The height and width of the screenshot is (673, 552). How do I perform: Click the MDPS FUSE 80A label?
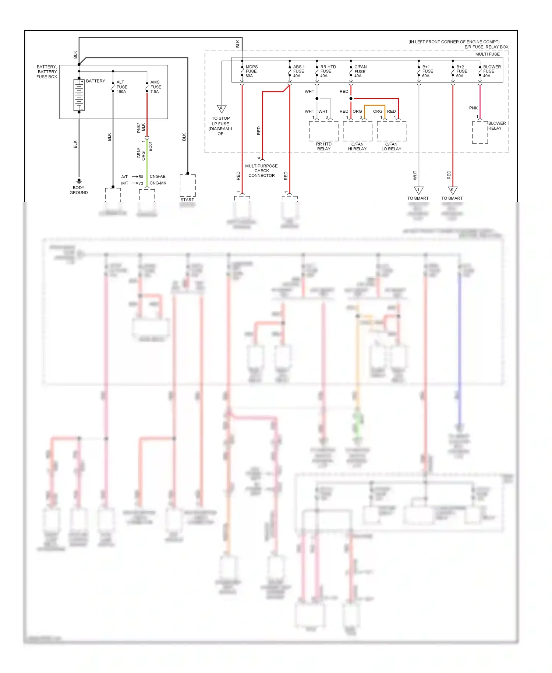[x=251, y=71]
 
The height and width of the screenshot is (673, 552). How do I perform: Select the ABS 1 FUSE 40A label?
[x=298, y=71]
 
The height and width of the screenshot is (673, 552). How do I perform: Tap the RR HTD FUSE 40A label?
[x=328, y=71]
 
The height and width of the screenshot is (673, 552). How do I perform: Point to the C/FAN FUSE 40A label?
[x=360, y=71]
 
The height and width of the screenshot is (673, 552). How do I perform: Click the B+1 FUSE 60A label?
[x=427, y=71]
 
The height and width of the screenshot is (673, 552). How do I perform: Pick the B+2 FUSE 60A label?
[x=461, y=71]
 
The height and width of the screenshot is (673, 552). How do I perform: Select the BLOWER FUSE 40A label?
[x=492, y=71]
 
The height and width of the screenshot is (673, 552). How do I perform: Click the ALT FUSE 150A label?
[x=122, y=87]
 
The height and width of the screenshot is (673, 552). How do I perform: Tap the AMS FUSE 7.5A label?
[x=155, y=87]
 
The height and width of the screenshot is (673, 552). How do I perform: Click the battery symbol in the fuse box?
[x=79, y=95]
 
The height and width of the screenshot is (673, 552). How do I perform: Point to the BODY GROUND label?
[x=79, y=190]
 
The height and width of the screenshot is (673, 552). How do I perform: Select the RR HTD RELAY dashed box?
[x=323, y=131]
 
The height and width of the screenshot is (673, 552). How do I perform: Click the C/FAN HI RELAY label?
[x=357, y=147]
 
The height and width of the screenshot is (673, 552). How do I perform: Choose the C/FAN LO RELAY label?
[x=391, y=147]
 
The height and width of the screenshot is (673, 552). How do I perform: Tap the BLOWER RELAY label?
[x=496, y=126]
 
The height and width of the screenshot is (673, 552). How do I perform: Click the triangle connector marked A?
[x=221, y=109]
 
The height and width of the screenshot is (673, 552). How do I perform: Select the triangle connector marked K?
[x=452, y=190]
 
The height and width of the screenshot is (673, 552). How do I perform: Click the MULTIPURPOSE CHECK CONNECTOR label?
[x=261, y=171]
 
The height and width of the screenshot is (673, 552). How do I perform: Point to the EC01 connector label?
[x=150, y=146]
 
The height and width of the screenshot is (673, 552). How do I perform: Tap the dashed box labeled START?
[x=187, y=186]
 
